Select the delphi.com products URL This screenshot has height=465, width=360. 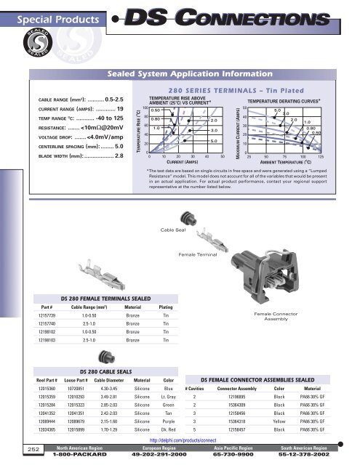point(179,440)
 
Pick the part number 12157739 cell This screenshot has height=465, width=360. point(48,316)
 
